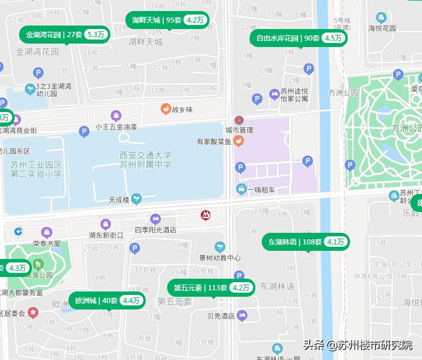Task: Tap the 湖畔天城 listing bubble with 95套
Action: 167,20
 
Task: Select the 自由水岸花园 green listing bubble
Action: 299,38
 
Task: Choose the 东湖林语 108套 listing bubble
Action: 306,242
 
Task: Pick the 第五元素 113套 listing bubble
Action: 212,287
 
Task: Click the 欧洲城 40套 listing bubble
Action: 107,301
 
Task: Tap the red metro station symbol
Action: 205,215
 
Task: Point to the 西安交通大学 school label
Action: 145,155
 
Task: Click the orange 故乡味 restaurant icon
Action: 165,109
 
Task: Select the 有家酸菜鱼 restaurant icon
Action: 239,141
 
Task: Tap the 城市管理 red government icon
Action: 237,119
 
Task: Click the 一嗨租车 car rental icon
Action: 241,189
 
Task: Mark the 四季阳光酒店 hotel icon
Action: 155,219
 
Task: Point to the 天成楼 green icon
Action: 136,199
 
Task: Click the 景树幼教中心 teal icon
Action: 219,247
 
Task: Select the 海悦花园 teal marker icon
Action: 381,18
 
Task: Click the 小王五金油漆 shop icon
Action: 116,116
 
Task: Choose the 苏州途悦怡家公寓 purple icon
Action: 275,95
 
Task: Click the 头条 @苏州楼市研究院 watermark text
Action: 358,344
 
